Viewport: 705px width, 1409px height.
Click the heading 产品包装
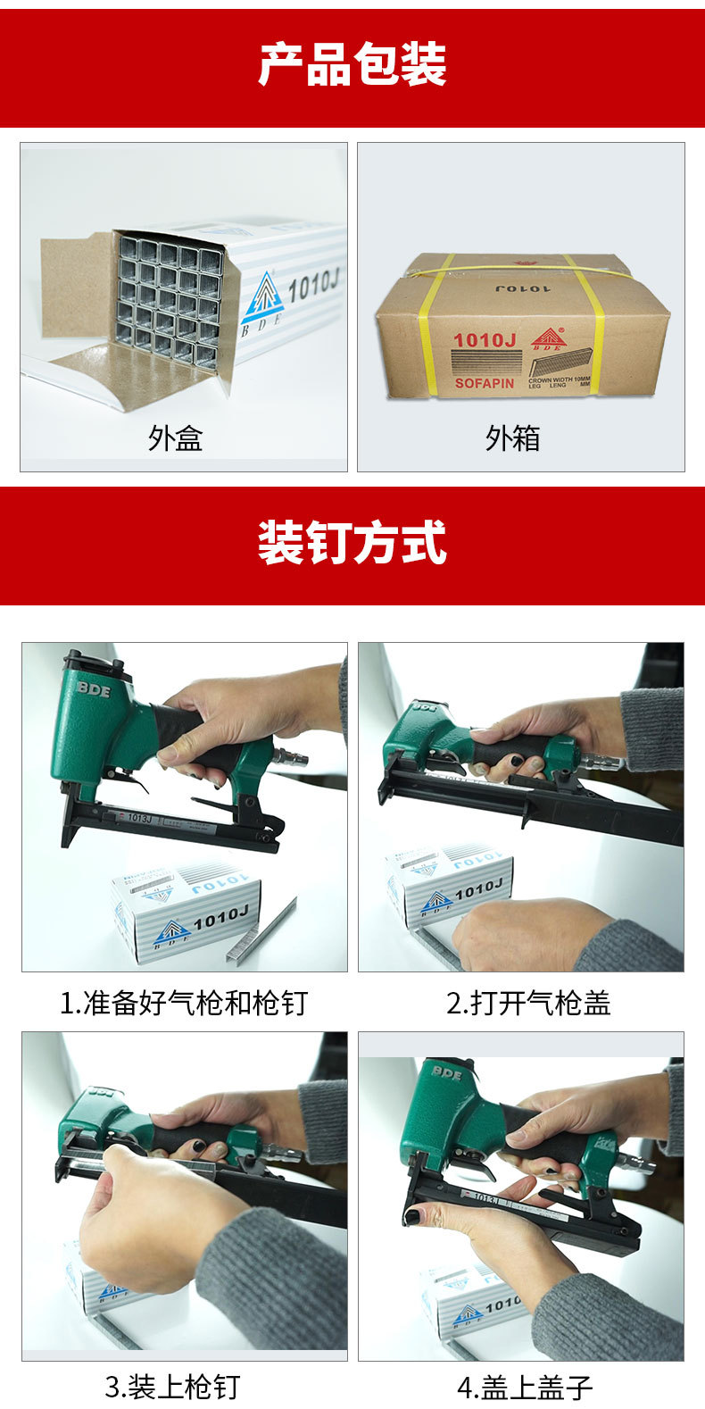click(x=352, y=64)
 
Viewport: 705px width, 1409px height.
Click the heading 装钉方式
click(x=352, y=543)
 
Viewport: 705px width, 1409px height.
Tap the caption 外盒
click(x=175, y=438)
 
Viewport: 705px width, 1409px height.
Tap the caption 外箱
click(x=512, y=438)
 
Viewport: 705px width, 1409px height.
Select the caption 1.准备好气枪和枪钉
click(x=183, y=1003)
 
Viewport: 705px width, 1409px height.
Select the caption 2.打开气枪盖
click(x=528, y=1003)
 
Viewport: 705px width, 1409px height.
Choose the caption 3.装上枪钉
click(x=172, y=1387)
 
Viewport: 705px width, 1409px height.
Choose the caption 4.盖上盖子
click(x=525, y=1387)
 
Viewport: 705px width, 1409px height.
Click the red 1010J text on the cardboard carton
click(x=485, y=340)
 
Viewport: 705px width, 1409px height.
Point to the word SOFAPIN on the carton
click(x=485, y=383)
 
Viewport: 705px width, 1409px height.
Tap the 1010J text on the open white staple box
click(x=312, y=286)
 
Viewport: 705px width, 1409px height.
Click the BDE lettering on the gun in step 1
click(x=94, y=688)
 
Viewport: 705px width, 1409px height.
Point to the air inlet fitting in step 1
click(x=291, y=758)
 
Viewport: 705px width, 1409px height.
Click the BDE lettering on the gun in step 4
click(x=446, y=1072)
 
